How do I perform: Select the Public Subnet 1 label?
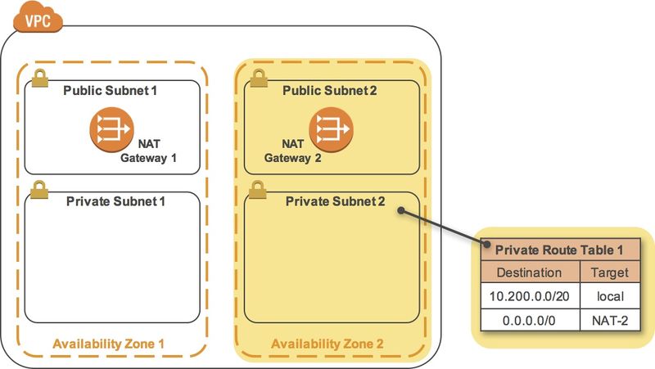click(x=111, y=90)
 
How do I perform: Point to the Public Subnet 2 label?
click(x=330, y=90)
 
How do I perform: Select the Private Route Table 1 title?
click(x=555, y=250)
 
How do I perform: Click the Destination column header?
click(x=529, y=272)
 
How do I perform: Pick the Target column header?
click(x=608, y=272)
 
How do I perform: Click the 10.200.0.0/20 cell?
click(x=529, y=296)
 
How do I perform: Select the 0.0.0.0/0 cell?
click(x=529, y=319)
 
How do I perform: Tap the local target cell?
click(x=608, y=296)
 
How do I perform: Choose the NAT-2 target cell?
click(x=608, y=319)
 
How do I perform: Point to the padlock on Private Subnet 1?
click(x=38, y=190)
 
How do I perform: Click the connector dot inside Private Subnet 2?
click(x=401, y=211)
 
